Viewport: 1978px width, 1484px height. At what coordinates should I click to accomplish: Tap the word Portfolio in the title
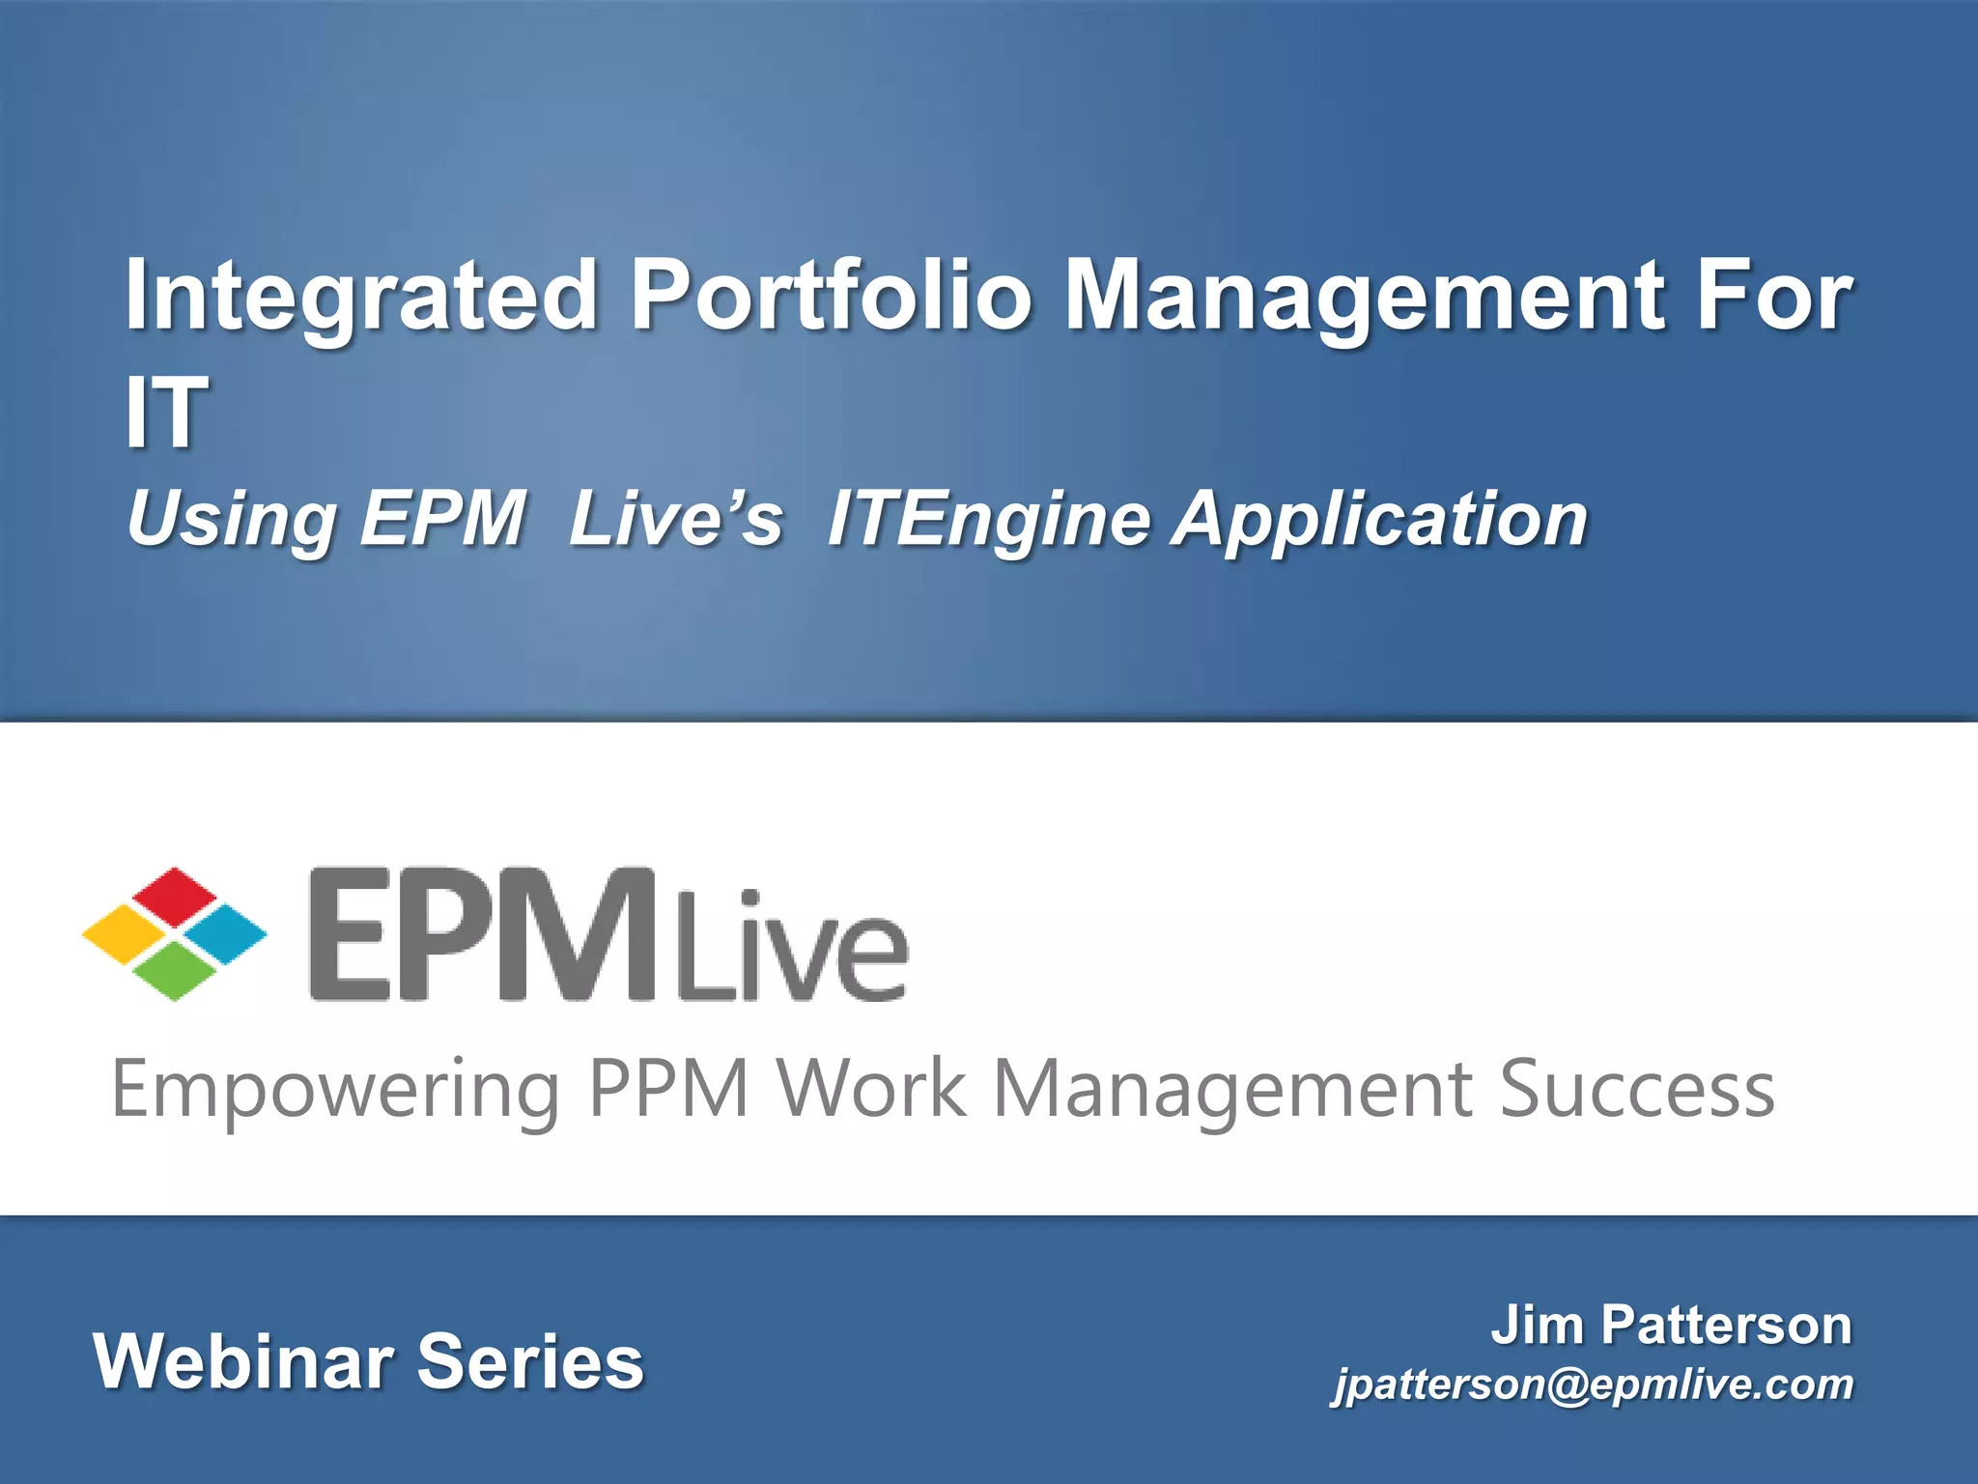coord(831,295)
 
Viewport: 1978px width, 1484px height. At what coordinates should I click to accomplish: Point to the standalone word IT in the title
coord(166,413)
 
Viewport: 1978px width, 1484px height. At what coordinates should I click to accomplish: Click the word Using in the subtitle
coord(231,520)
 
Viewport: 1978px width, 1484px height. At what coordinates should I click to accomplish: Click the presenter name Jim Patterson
coord(1671,1325)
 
